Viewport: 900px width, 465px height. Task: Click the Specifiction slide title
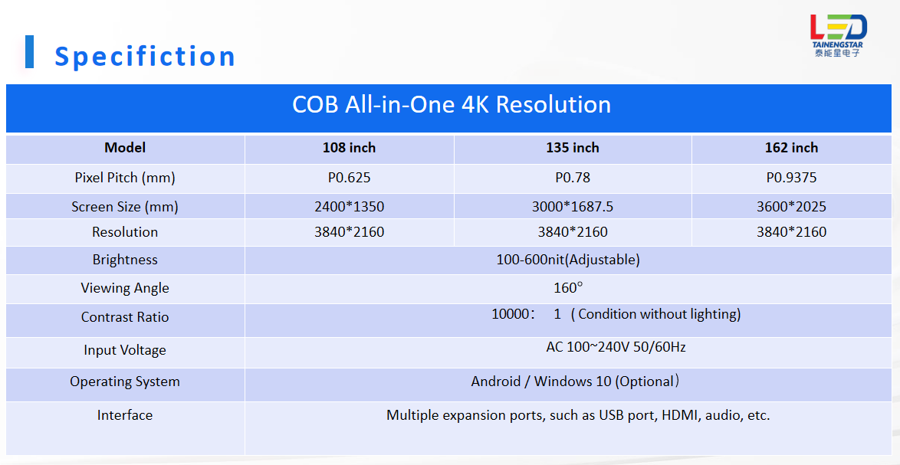[145, 57]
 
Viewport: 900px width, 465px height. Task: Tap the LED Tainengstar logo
[838, 35]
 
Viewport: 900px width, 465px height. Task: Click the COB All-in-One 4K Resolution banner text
[451, 104]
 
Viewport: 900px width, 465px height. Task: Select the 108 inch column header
[349, 148]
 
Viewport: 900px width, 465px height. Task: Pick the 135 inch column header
[572, 148]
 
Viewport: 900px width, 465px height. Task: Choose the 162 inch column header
[791, 148]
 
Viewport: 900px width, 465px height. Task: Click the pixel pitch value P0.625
[349, 178]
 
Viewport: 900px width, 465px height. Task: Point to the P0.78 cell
[572, 178]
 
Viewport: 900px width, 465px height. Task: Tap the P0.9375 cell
[791, 178]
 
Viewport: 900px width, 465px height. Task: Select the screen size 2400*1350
[349, 206]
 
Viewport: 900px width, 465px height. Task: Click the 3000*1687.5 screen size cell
[572, 206]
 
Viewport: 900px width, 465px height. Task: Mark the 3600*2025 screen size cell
[791, 206]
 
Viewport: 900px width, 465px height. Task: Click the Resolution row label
[124, 232]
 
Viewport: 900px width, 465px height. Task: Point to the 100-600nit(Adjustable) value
[567, 260]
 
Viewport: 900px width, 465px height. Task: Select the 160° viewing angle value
[567, 288]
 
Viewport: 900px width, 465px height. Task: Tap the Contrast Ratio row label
[124, 317]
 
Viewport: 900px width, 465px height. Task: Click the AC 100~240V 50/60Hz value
[616, 347]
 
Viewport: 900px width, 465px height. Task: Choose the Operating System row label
[124, 381]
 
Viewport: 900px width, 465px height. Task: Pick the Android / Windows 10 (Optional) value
[575, 381]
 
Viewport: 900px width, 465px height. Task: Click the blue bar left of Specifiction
[29, 51]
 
